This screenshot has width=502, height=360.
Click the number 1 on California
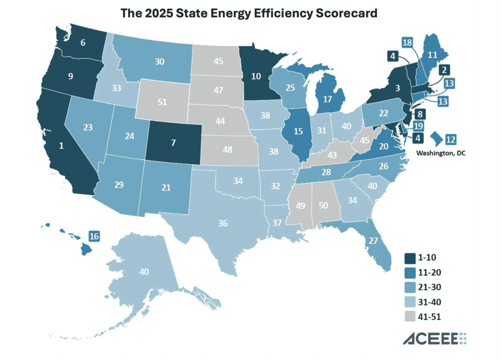click(x=61, y=145)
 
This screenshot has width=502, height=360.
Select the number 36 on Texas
click(x=223, y=223)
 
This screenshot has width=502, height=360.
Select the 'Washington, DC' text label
click(x=441, y=153)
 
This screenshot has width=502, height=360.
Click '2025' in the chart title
click(x=161, y=14)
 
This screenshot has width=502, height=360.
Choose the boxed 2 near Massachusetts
click(x=444, y=70)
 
